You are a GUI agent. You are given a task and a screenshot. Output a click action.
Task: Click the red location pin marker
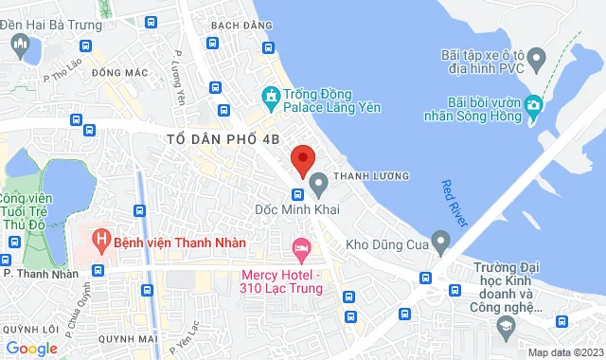click(x=302, y=159)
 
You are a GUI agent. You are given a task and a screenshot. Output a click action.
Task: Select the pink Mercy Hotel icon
click(x=302, y=249)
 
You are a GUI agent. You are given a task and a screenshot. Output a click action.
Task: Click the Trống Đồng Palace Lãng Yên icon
click(x=270, y=95)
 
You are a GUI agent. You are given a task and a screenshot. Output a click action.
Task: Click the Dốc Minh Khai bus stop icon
click(x=296, y=194)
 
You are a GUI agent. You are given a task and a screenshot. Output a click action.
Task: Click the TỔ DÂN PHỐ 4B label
click(x=223, y=138)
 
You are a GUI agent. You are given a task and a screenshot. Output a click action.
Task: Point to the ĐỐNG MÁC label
click(x=116, y=72)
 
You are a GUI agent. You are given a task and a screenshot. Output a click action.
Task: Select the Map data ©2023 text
click(x=563, y=352)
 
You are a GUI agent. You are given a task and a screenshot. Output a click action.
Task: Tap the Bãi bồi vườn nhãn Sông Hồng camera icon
click(x=535, y=103)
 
